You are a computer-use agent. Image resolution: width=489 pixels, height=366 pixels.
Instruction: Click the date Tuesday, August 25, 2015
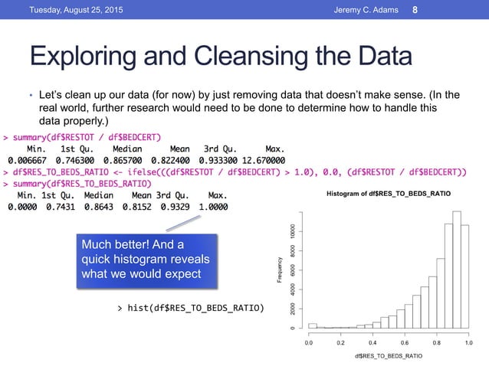(67, 9)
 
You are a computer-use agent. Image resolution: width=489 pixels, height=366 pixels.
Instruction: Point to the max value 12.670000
(258, 161)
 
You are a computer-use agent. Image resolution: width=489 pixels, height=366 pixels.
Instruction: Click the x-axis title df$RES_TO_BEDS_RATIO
(389, 356)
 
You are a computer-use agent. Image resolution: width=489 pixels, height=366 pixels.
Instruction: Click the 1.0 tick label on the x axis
(468, 344)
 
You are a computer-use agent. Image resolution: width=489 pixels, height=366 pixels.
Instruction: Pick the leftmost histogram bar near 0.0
(312, 325)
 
